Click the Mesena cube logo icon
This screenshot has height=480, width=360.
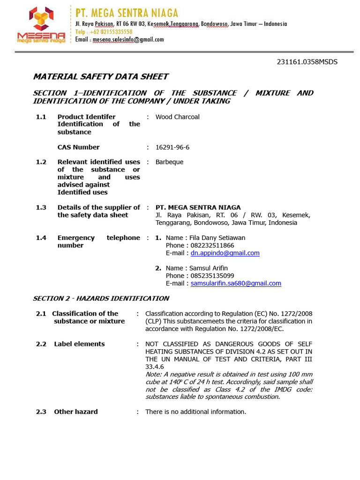(x=41, y=19)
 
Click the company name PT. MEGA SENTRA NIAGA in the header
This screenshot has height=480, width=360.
(x=127, y=13)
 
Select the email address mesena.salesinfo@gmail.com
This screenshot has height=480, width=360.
(x=128, y=40)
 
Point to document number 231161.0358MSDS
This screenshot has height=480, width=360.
(x=307, y=62)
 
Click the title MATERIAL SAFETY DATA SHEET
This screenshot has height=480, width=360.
(x=100, y=77)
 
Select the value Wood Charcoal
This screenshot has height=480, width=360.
(x=177, y=117)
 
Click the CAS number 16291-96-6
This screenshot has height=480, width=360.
(x=172, y=147)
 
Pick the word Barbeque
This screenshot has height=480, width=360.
(x=169, y=162)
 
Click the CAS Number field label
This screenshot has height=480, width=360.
(x=78, y=147)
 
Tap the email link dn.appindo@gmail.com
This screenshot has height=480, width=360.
(x=225, y=253)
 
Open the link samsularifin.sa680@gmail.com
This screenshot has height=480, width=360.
(x=236, y=284)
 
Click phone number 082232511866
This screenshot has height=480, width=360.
(x=212, y=245)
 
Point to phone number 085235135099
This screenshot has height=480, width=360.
(x=212, y=276)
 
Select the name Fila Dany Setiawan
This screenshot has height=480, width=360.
(x=217, y=238)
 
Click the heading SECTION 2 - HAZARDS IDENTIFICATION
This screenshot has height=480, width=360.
(x=101, y=298)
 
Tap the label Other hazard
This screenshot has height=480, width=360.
(x=76, y=412)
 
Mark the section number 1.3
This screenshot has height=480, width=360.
(x=41, y=207)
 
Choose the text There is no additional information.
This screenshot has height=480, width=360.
(x=195, y=412)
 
